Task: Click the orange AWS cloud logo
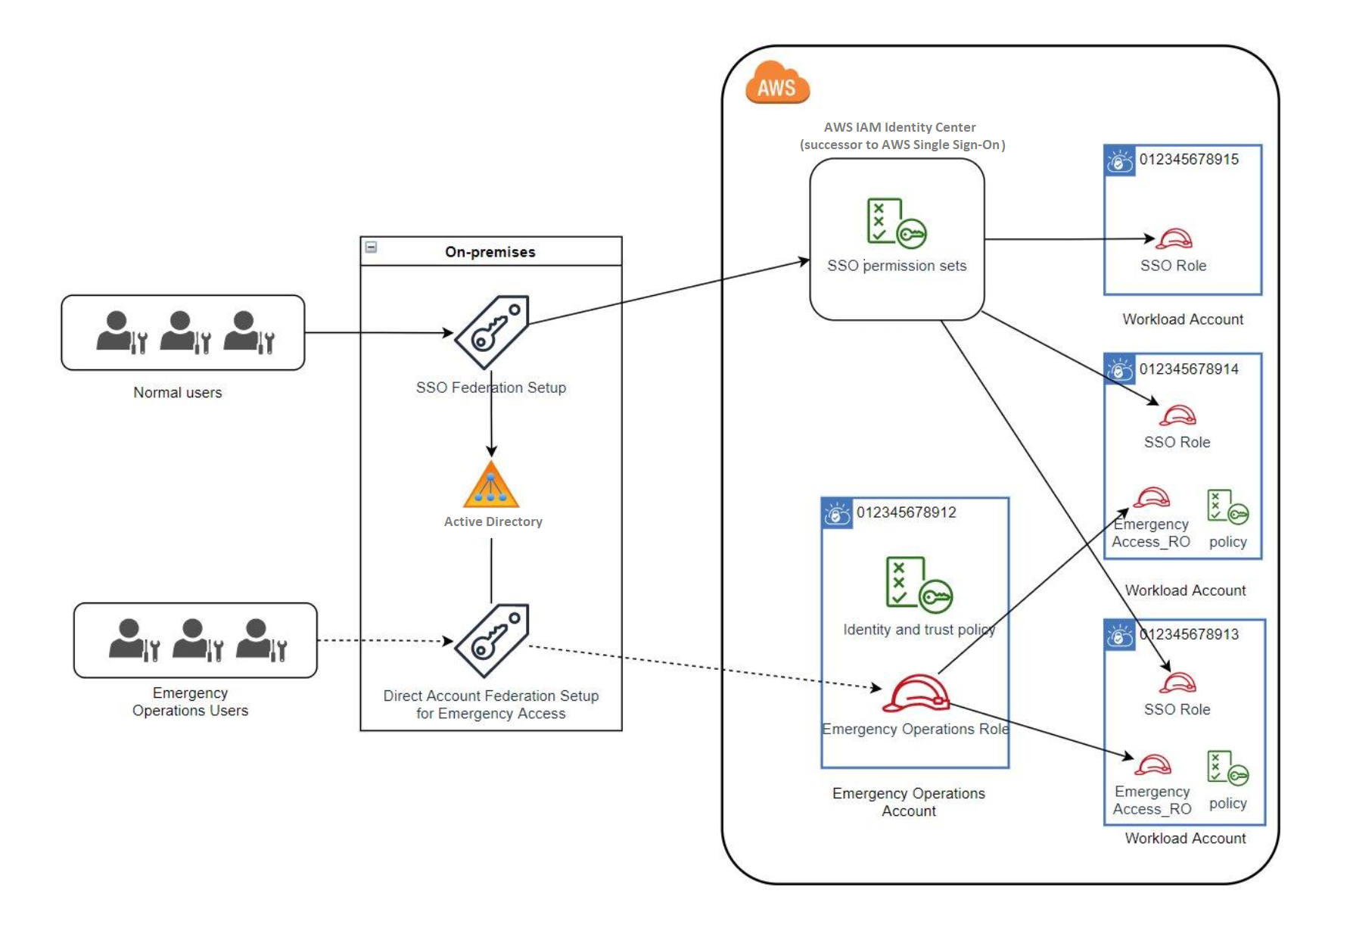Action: (777, 83)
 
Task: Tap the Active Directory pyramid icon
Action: (491, 485)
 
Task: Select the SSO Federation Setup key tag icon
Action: (492, 332)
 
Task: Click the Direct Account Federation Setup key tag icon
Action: (492, 640)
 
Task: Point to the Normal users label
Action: (178, 393)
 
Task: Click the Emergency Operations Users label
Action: (190, 702)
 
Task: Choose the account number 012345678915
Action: (1189, 160)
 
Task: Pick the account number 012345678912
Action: (906, 512)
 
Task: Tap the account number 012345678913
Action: (1189, 634)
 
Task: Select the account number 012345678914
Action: (1189, 369)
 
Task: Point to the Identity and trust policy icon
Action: (919, 584)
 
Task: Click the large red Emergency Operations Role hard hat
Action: (916, 693)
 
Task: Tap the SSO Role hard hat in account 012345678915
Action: (1175, 239)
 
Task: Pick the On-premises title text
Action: (490, 252)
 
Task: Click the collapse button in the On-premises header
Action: (372, 247)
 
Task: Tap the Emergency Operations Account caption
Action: (909, 802)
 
